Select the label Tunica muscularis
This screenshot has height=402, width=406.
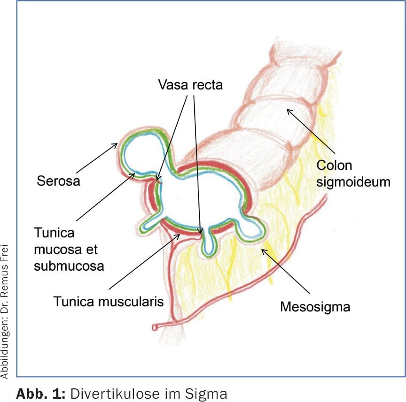pyautogui.click(x=108, y=300)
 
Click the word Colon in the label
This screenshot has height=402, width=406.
pyautogui.click(x=334, y=166)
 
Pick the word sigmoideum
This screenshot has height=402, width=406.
pyautogui.click(x=353, y=181)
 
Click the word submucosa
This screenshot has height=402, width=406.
pyautogui.click(x=70, y=266)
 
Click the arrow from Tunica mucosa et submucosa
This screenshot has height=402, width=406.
pyautogui.click(x=105, y=197)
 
